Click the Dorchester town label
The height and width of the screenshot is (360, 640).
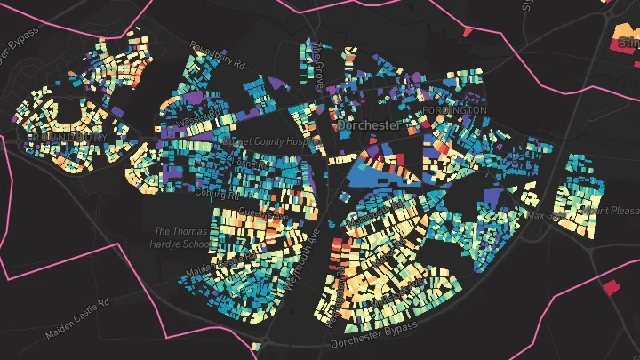point(369,126)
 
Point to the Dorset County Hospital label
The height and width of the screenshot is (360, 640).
point(276,141)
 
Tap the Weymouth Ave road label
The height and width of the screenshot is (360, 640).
point(302,258)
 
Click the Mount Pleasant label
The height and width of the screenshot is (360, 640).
point(610,212)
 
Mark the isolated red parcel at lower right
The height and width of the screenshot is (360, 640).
point(610,287)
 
